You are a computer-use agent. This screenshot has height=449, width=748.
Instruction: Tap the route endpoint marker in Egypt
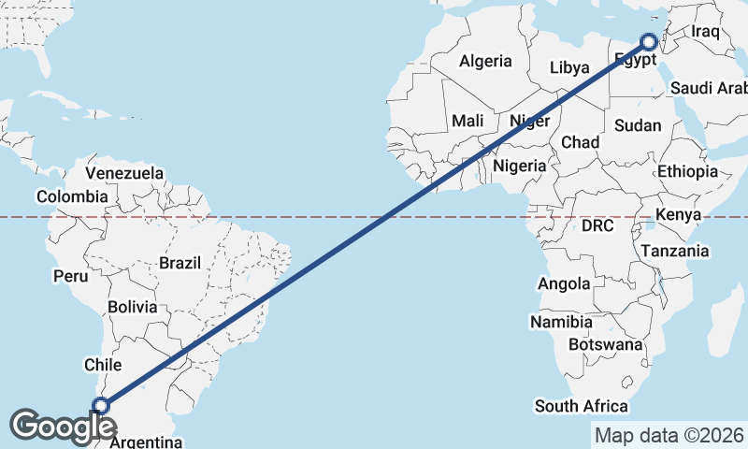tap(649, 42)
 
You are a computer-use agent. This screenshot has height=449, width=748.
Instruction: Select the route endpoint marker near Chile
tap(101, 406)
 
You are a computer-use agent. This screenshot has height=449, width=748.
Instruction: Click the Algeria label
tap(485, 62)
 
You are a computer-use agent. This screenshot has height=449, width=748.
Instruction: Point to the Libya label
tap(569, 67)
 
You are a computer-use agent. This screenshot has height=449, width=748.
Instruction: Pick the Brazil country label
tap(180, 264)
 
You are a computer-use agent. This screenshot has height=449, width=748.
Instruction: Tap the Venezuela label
tap(124, 174)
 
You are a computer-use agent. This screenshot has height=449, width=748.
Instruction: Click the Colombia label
tap(72, 196)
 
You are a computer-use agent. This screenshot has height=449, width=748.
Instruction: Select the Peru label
tap(70, 276)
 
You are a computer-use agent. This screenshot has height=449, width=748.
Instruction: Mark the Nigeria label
tap(519, 166)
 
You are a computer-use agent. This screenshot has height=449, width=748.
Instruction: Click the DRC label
tap(597, 226)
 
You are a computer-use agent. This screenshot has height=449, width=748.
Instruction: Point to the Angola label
tap(564, 283)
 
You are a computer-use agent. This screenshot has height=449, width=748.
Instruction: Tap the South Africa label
tap(581, 406)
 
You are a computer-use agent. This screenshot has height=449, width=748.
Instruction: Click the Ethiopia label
tap(687, 172)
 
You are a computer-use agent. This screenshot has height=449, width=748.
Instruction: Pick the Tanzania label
tap(675, 251)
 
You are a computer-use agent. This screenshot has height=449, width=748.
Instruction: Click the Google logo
tap(64, 427)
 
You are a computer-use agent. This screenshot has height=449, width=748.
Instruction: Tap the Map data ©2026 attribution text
tap(669, 435)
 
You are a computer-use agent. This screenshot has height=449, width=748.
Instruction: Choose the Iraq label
tap(704, 32)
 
